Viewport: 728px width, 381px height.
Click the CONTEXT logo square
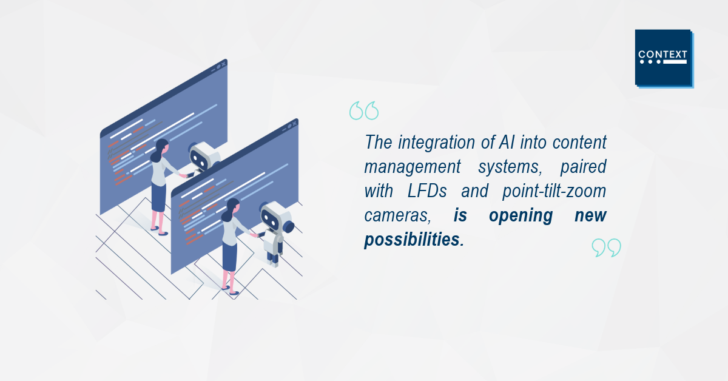663,58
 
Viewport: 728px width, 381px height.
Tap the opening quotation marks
364,110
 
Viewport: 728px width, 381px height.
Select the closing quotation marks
607,248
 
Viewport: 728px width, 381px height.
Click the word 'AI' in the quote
507,142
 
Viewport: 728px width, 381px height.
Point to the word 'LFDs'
427,191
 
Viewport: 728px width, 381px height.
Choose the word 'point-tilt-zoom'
554,192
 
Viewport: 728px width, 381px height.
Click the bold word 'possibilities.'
414,240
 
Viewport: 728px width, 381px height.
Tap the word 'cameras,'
397,215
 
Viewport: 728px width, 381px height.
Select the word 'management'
413,167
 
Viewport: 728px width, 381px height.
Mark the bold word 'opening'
521,216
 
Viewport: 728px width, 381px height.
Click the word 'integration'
436,143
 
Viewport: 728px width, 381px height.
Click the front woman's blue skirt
229,256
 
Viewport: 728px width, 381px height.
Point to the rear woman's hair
158,149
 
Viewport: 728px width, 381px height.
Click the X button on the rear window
223,64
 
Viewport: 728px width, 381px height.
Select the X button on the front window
294,123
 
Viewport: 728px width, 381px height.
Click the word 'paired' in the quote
584,167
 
